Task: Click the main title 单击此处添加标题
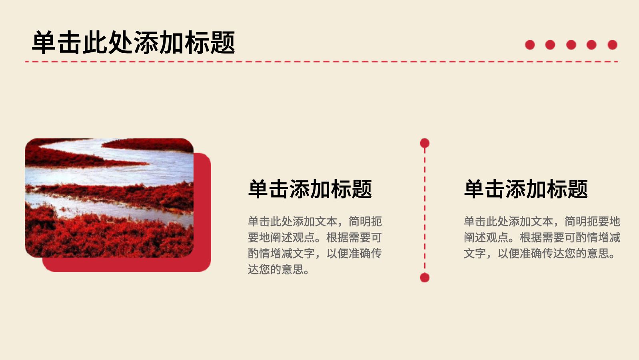coord(133,42)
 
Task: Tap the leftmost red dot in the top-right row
coord(530,45)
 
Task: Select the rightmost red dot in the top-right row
coord(613,45)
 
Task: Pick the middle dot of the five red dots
coord(571,45)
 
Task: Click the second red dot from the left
coord(550,45)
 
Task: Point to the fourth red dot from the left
coord(592,45)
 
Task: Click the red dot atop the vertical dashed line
coord(425,143)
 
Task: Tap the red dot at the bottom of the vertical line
coord(425,278)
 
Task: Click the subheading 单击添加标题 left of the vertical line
coord(310,189)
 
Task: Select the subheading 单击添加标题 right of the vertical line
coord(526,189)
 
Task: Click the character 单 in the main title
coord(44,42)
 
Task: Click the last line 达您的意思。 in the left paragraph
coord(279,269)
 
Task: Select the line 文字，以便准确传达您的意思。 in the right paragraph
coord(540,253)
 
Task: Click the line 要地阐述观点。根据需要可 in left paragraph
coord(315,237)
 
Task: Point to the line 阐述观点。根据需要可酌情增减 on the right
coord(542,237)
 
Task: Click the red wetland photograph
coord(109,198)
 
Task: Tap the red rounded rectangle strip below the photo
coord(127,265)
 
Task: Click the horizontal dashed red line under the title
coord(321,61)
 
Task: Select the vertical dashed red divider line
coord(425,210)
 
